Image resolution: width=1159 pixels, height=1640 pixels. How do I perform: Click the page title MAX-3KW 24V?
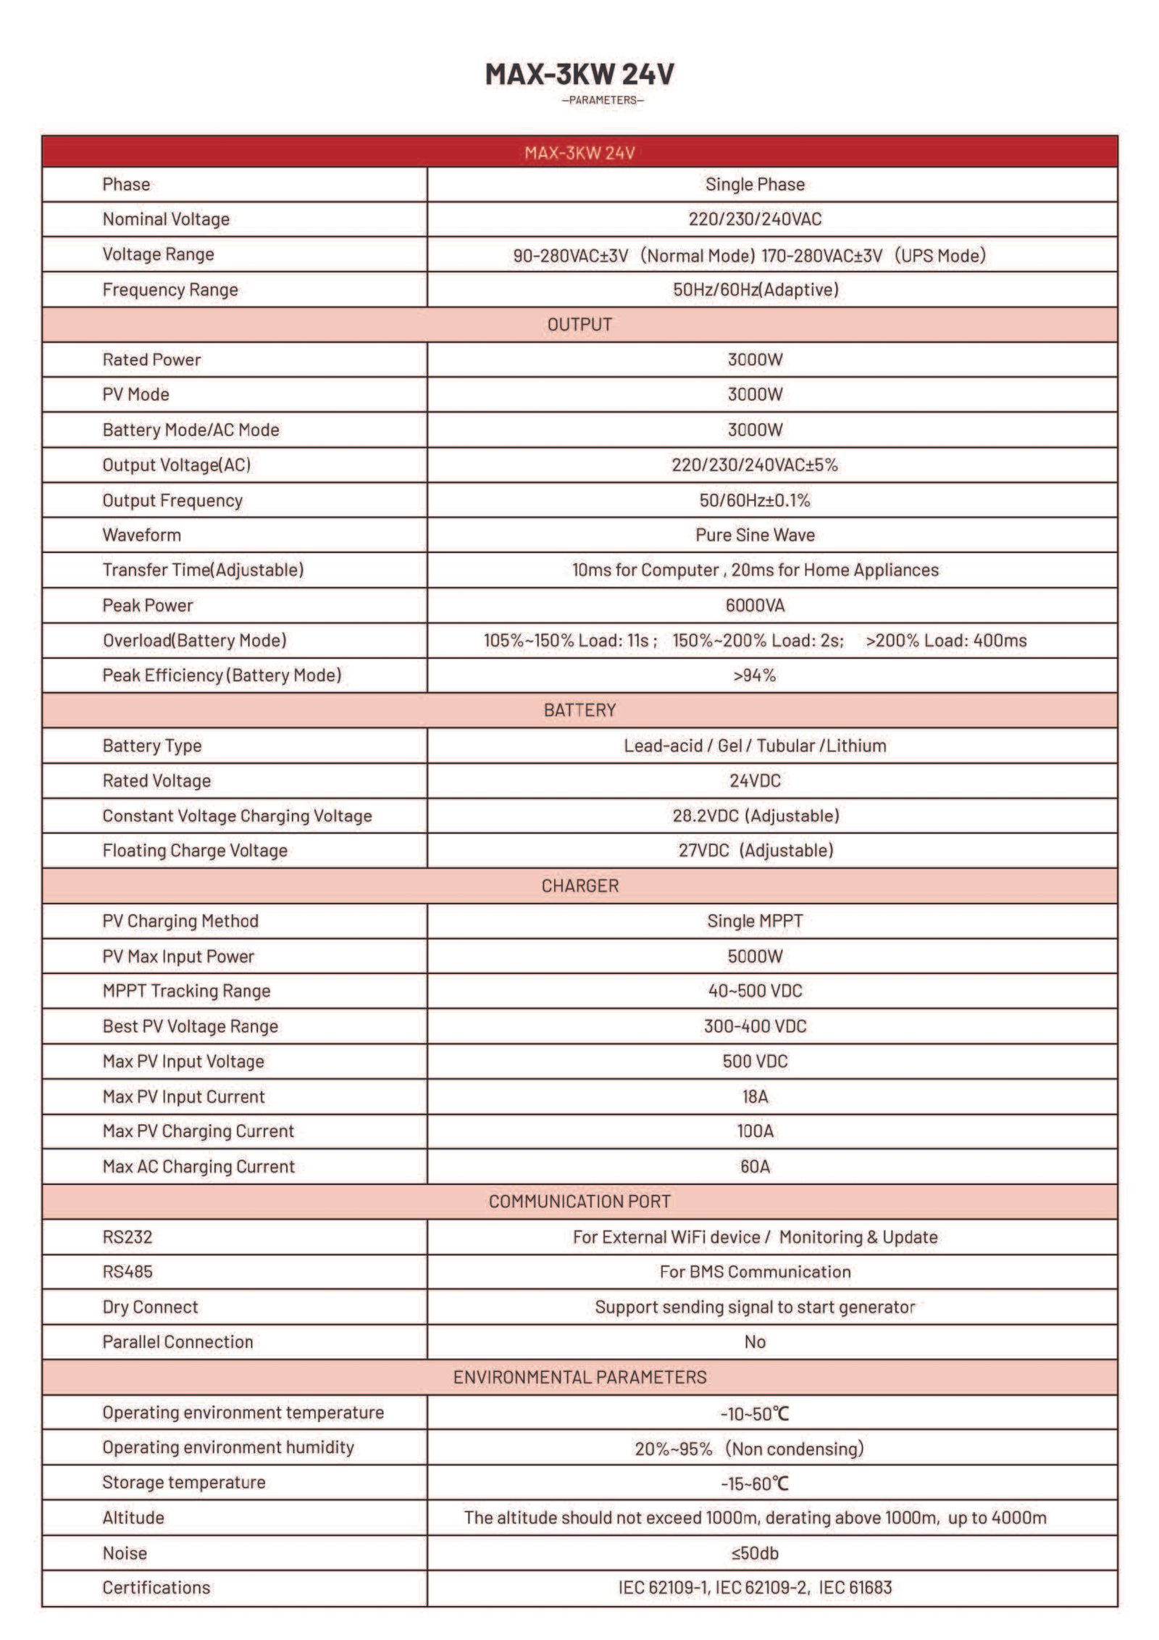(579, 74)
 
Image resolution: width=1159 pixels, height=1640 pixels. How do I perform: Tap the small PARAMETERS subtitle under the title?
(603, 100)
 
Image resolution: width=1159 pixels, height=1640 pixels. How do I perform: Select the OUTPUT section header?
(579, 325)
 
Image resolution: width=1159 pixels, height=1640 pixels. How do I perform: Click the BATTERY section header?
(579, 710)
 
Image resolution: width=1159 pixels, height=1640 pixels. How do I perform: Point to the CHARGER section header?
(579, 886)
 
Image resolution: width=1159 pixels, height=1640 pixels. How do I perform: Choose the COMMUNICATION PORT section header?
(579, 1202)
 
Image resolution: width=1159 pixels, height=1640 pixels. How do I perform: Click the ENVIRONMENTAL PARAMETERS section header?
(579, 1377)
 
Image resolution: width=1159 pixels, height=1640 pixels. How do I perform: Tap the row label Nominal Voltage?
(166, 219)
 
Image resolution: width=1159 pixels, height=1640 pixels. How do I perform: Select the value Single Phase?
(755, 184)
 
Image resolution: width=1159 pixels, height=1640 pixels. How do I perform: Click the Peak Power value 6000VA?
(755, 605)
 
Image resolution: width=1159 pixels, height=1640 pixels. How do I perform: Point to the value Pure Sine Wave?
(755, 535)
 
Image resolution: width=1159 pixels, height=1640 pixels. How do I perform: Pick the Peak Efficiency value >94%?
(755, 675)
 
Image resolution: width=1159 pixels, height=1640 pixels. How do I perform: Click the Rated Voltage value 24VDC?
(755, 781)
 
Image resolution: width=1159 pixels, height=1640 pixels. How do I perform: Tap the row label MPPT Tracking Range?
(186, 991)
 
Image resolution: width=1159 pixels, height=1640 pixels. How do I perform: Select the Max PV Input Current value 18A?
(755, 1096)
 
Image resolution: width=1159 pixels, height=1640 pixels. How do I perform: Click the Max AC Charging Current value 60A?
(755, 1167)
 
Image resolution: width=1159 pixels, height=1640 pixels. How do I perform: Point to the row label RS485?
(127, 1272)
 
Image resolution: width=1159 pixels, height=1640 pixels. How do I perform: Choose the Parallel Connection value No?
(755, 1342)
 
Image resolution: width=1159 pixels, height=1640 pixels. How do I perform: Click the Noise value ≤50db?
(755, 1553)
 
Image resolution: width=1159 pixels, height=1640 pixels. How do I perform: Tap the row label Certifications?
(156, 1588)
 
